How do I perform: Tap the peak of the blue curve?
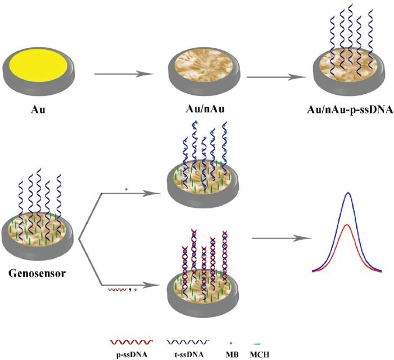coord(350,193)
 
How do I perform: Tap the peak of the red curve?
coord(350,225)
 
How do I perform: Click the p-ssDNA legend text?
coord(130,353)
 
